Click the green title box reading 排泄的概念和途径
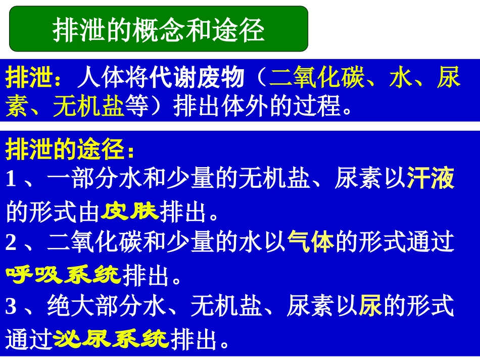click(159, 29)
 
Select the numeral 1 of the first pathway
click(11, 179)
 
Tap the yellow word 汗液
click(430, 179)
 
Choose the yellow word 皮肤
click(130, 213)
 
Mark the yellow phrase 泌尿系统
click(112, 339)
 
